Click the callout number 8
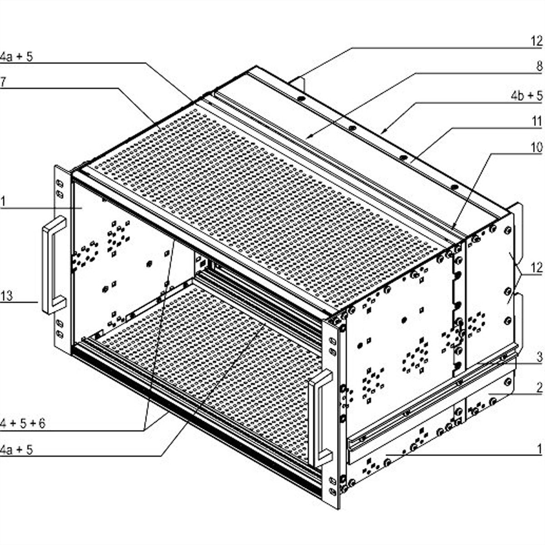tap(540, 66)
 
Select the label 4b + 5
tap(527, 96)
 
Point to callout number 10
tap(536, 147)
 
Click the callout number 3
tap(540, 357)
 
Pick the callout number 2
tap(540, 388)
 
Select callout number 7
tap(3, 82)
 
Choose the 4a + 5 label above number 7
tap(16, 57)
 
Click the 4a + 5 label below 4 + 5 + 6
tap(16, 450)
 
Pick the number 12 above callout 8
tap(536, 42)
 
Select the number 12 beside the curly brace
tap(536, 268)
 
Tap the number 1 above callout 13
tap(2, 202)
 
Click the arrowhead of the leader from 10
tap(452, 228)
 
